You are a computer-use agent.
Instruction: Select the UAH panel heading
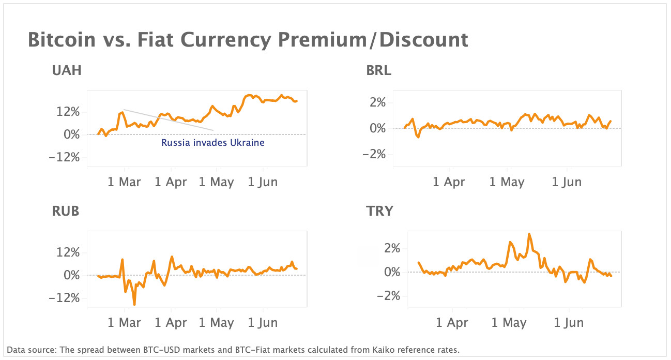point(67,71)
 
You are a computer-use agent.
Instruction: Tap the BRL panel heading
point(378,71)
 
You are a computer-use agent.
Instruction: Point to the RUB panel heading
point(66,211)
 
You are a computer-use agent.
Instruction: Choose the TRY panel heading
point(379,211)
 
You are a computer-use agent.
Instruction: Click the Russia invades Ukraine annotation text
point(212,143)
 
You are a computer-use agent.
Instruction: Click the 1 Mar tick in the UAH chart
point(124,182)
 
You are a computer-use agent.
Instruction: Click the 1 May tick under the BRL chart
point(507,182)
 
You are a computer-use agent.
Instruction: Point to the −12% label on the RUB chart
point(65,298)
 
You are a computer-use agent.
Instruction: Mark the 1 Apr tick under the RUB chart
point(170,323)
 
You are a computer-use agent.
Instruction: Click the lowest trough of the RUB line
point(134,304)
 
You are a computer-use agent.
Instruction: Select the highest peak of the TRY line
point(529,234)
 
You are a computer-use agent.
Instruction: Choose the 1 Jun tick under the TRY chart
point(568,323)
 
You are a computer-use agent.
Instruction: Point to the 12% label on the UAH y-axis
point(68,112)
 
